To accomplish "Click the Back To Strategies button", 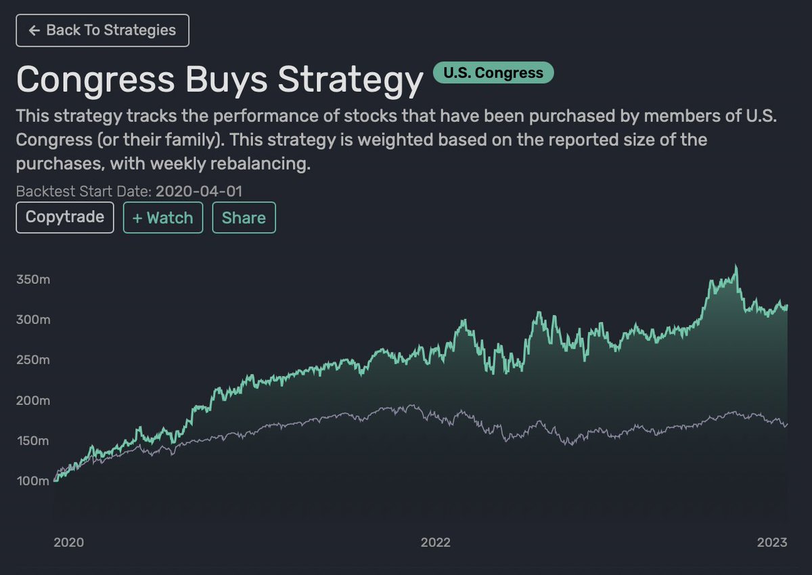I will click(x=102, y=30).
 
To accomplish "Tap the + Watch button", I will click(x=163, y=217).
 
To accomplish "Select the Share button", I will click(x=244, y=217).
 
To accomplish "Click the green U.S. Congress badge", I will click(x=493, y=72).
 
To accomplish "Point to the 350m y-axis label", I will click(x=32, y=280).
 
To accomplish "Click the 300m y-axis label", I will click(x=32, y=320).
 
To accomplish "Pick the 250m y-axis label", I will click(x=32, y=360).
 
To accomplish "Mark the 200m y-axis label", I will click(x=32, y=400).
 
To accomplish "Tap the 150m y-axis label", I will click(x=32, y=441).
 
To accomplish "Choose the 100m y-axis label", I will click(x=32, y=481).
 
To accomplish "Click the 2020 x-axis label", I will click(x=68, y=542).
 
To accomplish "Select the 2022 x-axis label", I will click(x=435, y=542).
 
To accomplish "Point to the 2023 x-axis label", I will click(x=772, y=542).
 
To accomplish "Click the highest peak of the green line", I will click(x=736, y=266).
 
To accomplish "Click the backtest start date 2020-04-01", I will click(x=199, y=191).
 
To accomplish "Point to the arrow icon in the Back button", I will click(x=35, y=30).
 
